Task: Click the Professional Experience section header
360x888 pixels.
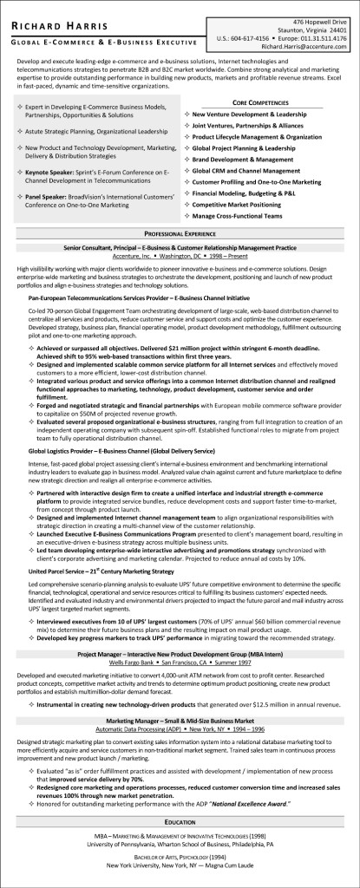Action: coord(180,236)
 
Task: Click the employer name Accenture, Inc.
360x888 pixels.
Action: coord(139,257)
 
